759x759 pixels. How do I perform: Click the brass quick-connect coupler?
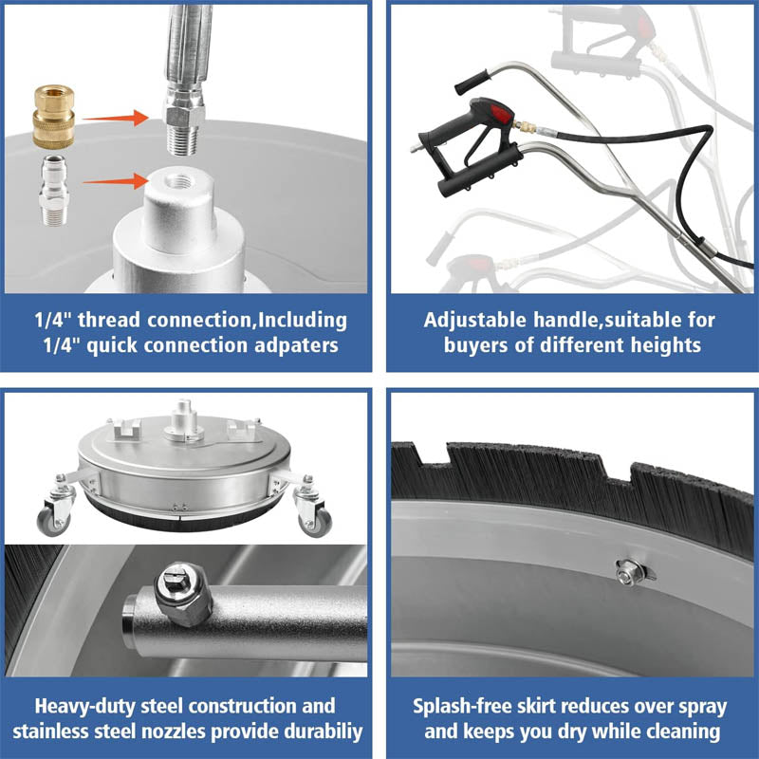tap(54, 116)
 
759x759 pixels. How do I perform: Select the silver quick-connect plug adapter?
tap(54, 191)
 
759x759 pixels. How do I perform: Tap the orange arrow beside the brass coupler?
tap(115, 118)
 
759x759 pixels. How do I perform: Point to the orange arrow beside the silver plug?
tap(115, 181)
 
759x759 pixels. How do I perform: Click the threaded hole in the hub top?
tap(179, 182)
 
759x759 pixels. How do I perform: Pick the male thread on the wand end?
tap(184, 140)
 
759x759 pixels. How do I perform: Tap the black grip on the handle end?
tap(472, 83)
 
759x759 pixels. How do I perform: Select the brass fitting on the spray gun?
tap(525, 128)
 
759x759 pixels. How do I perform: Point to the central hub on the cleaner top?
tap(183, 421)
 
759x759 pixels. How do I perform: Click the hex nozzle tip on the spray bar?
tap(183, 594)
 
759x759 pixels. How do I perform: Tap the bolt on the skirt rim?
tap(628, 572)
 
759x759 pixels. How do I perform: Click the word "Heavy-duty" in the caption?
tap(84, 706)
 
